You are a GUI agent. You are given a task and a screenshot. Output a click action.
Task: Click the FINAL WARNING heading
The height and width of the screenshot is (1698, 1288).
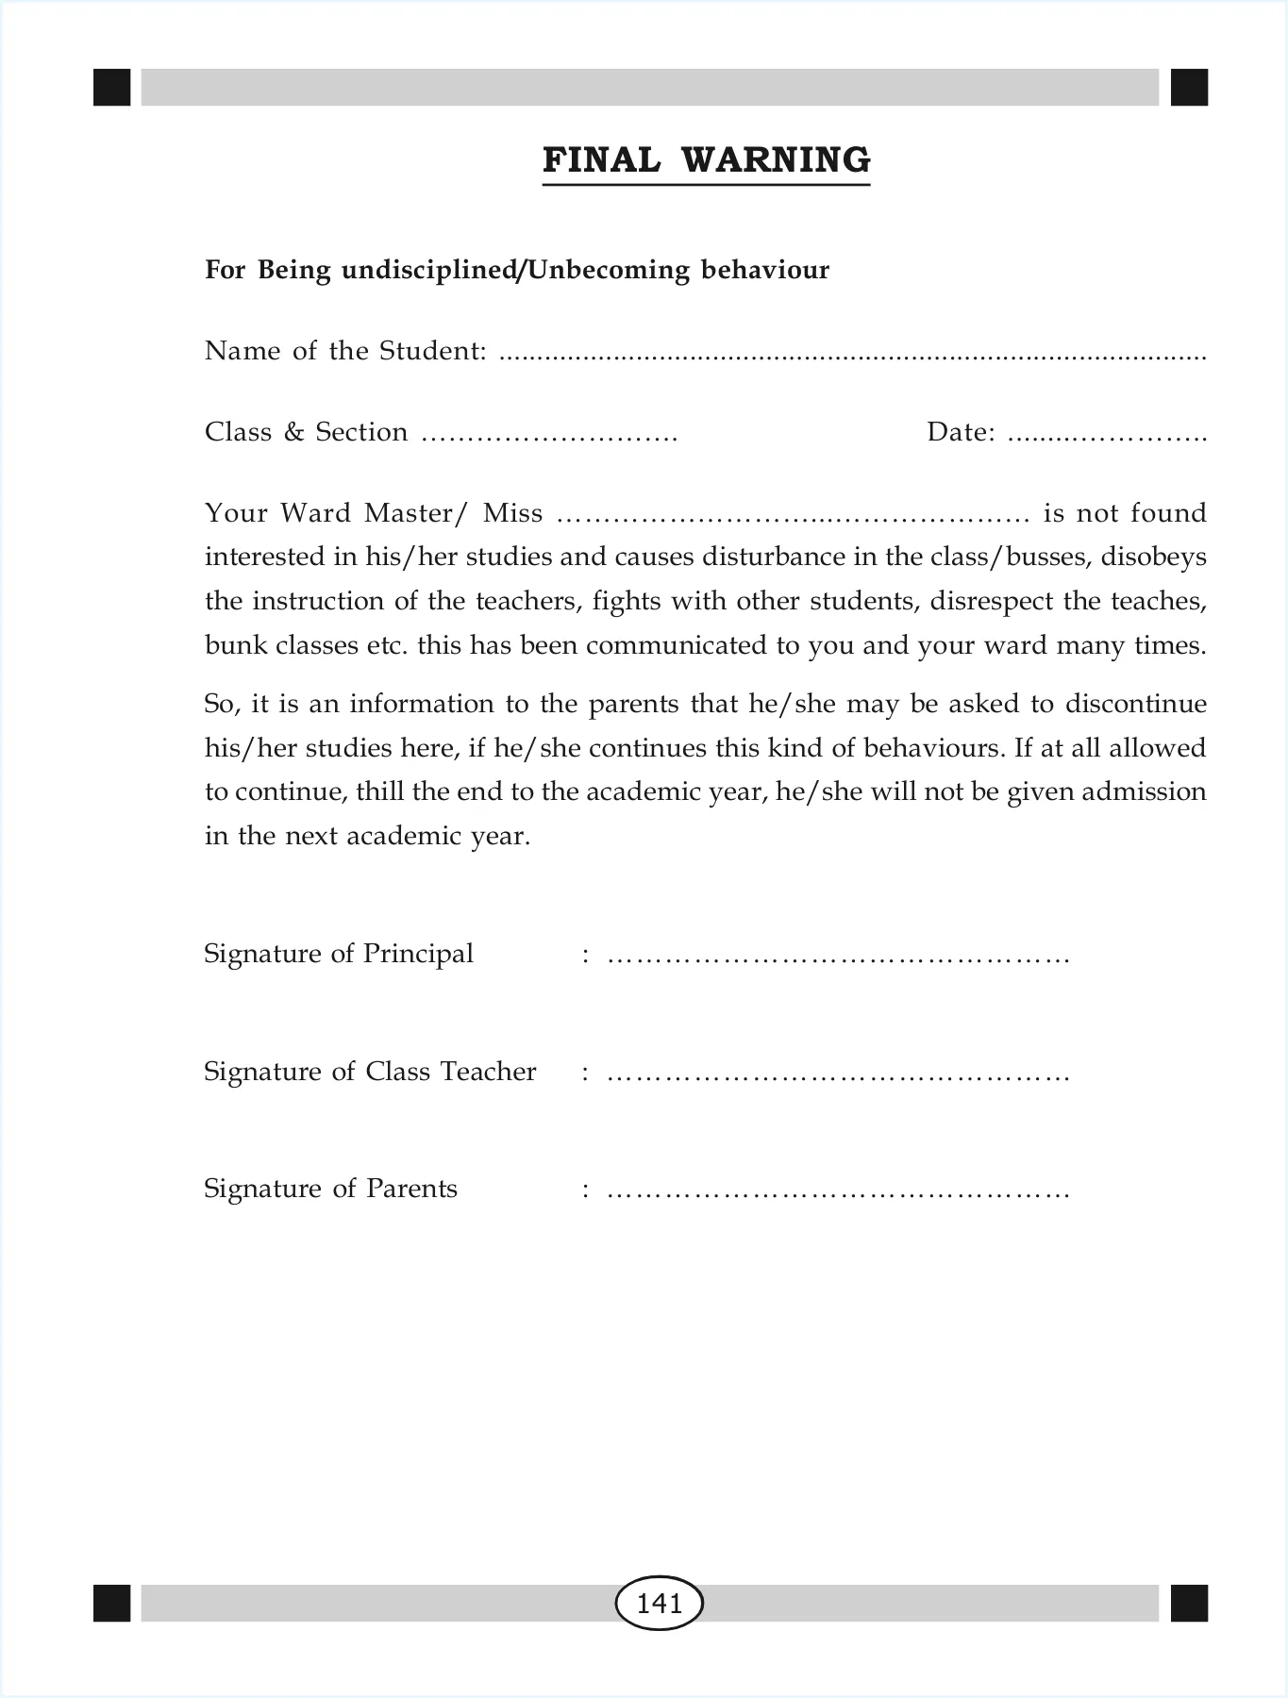click(706, 160)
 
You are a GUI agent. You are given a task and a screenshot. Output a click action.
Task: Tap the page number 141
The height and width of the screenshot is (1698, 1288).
click(659, 1603)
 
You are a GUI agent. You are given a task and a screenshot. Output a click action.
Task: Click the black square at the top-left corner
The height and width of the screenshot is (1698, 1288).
click(111, 87)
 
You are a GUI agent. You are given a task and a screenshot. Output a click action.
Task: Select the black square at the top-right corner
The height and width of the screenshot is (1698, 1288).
click(1189, 87)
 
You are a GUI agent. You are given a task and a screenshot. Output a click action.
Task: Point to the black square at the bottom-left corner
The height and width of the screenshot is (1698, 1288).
click(111, 1603)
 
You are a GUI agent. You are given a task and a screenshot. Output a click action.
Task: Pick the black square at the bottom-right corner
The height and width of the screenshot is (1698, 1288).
click(1189, 1603)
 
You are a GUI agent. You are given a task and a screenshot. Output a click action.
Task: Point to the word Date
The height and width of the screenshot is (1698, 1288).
click(960, 432)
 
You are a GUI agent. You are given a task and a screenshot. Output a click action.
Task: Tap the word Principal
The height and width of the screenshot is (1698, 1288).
click(418, 954)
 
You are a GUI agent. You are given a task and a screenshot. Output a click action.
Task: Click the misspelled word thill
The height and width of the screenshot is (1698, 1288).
click(380, 791)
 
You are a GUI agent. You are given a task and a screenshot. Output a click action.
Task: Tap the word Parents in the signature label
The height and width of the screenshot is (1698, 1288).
click(411, 1189)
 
